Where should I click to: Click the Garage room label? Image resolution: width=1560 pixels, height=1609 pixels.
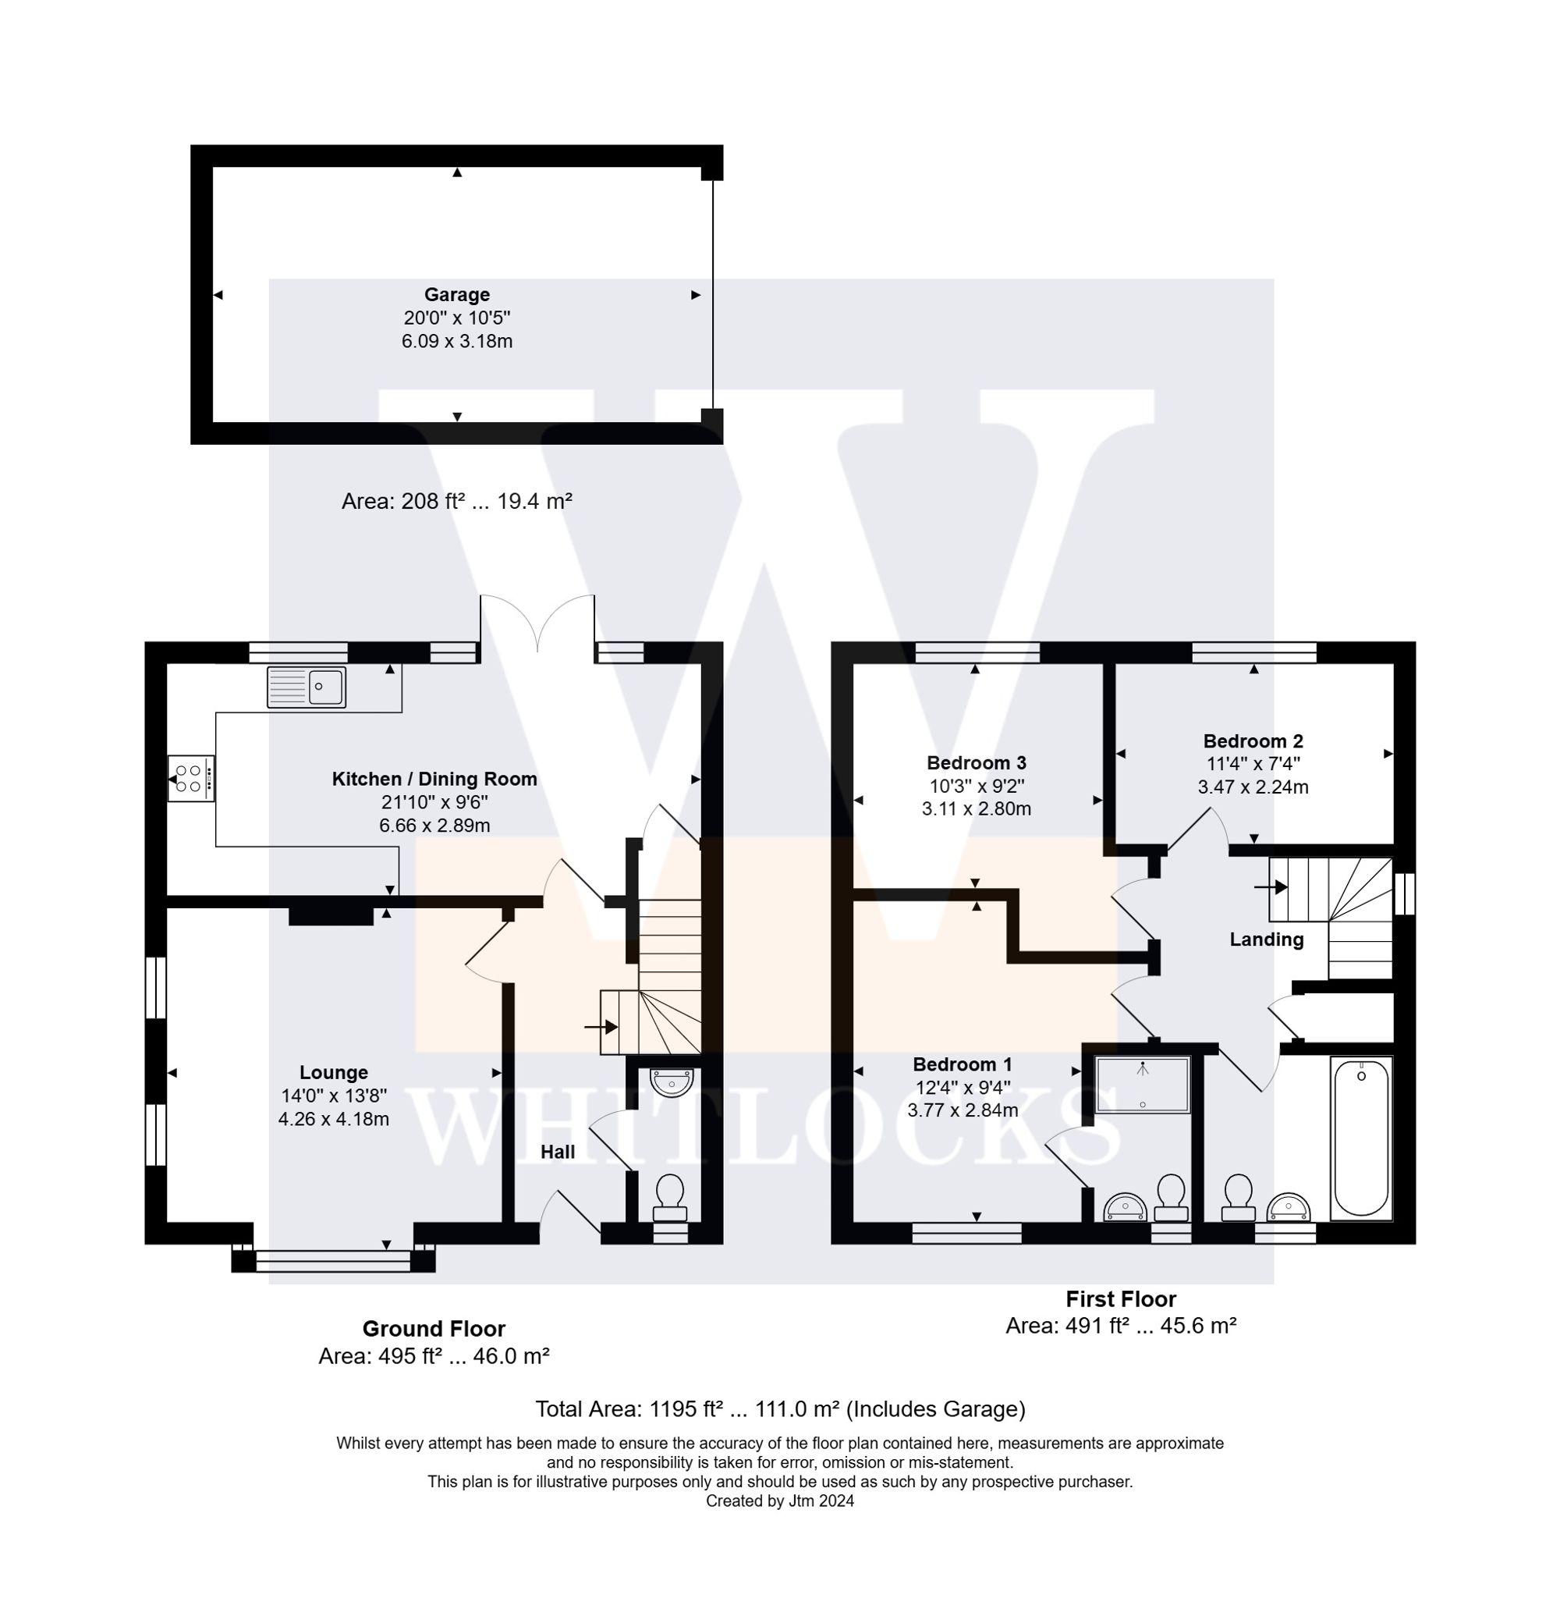pos(456,295)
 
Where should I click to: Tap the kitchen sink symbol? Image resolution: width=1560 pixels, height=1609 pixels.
pos(306,687)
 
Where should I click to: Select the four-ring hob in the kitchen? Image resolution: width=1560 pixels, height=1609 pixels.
pos(190,778)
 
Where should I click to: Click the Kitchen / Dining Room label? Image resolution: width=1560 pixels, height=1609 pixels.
pos(434,779)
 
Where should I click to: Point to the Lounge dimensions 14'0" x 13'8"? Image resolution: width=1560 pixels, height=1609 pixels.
pos(333,1095)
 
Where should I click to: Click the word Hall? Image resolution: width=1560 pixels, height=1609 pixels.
pos(557,1152)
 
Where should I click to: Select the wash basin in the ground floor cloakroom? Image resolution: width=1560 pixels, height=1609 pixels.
pos(672,1082)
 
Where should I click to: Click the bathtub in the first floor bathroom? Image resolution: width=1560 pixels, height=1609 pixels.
pos(1360,1137)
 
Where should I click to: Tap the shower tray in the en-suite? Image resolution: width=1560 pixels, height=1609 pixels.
pos(1142,1085)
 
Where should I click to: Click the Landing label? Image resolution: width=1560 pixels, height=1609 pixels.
pos(1265,940)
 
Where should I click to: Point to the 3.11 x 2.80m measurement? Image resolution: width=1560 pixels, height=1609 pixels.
pos(976,808)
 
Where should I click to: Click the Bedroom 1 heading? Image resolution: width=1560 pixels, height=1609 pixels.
pos(962,1064)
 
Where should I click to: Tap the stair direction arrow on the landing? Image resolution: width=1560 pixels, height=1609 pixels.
pos(1271,886)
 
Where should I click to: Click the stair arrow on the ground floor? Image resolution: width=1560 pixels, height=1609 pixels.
pos(601,1026)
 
